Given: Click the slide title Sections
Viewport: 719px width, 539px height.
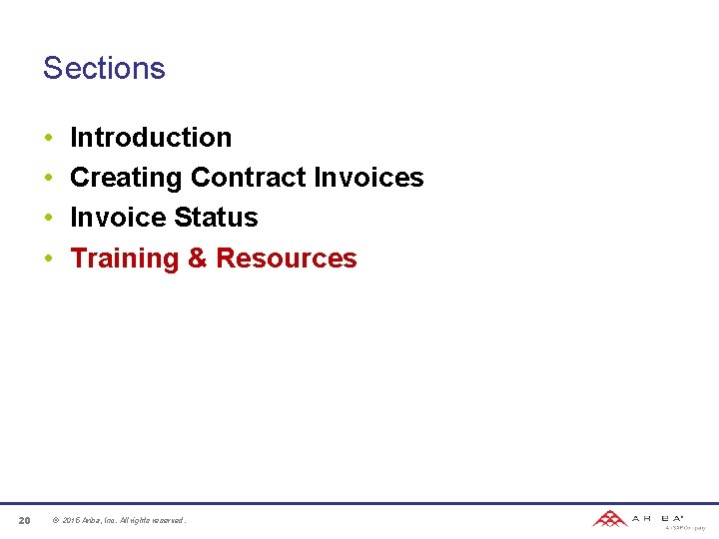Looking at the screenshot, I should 104,68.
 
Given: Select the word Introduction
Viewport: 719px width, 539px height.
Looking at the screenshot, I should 151,138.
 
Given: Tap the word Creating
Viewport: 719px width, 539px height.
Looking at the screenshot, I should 127,178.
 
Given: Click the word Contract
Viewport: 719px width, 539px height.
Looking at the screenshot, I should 249,178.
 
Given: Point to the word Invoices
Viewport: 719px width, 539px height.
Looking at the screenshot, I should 368,178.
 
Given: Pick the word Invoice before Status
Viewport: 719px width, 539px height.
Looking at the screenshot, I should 118,218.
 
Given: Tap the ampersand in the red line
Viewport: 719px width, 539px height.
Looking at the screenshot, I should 198,259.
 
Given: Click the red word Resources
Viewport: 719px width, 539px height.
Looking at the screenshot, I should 287,259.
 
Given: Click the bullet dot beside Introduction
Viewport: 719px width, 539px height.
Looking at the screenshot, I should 48,139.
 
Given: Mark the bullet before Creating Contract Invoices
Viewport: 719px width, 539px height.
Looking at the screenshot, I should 48,179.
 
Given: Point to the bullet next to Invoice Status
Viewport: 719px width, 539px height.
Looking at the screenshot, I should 48,219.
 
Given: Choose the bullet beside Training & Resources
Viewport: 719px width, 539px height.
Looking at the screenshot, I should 48,260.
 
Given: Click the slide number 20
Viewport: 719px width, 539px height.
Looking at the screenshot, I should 24,520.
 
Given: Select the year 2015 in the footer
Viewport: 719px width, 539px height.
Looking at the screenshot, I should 71,520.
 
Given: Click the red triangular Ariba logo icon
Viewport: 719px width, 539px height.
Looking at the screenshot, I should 609,518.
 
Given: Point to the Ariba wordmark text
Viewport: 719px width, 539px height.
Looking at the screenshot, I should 657,518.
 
